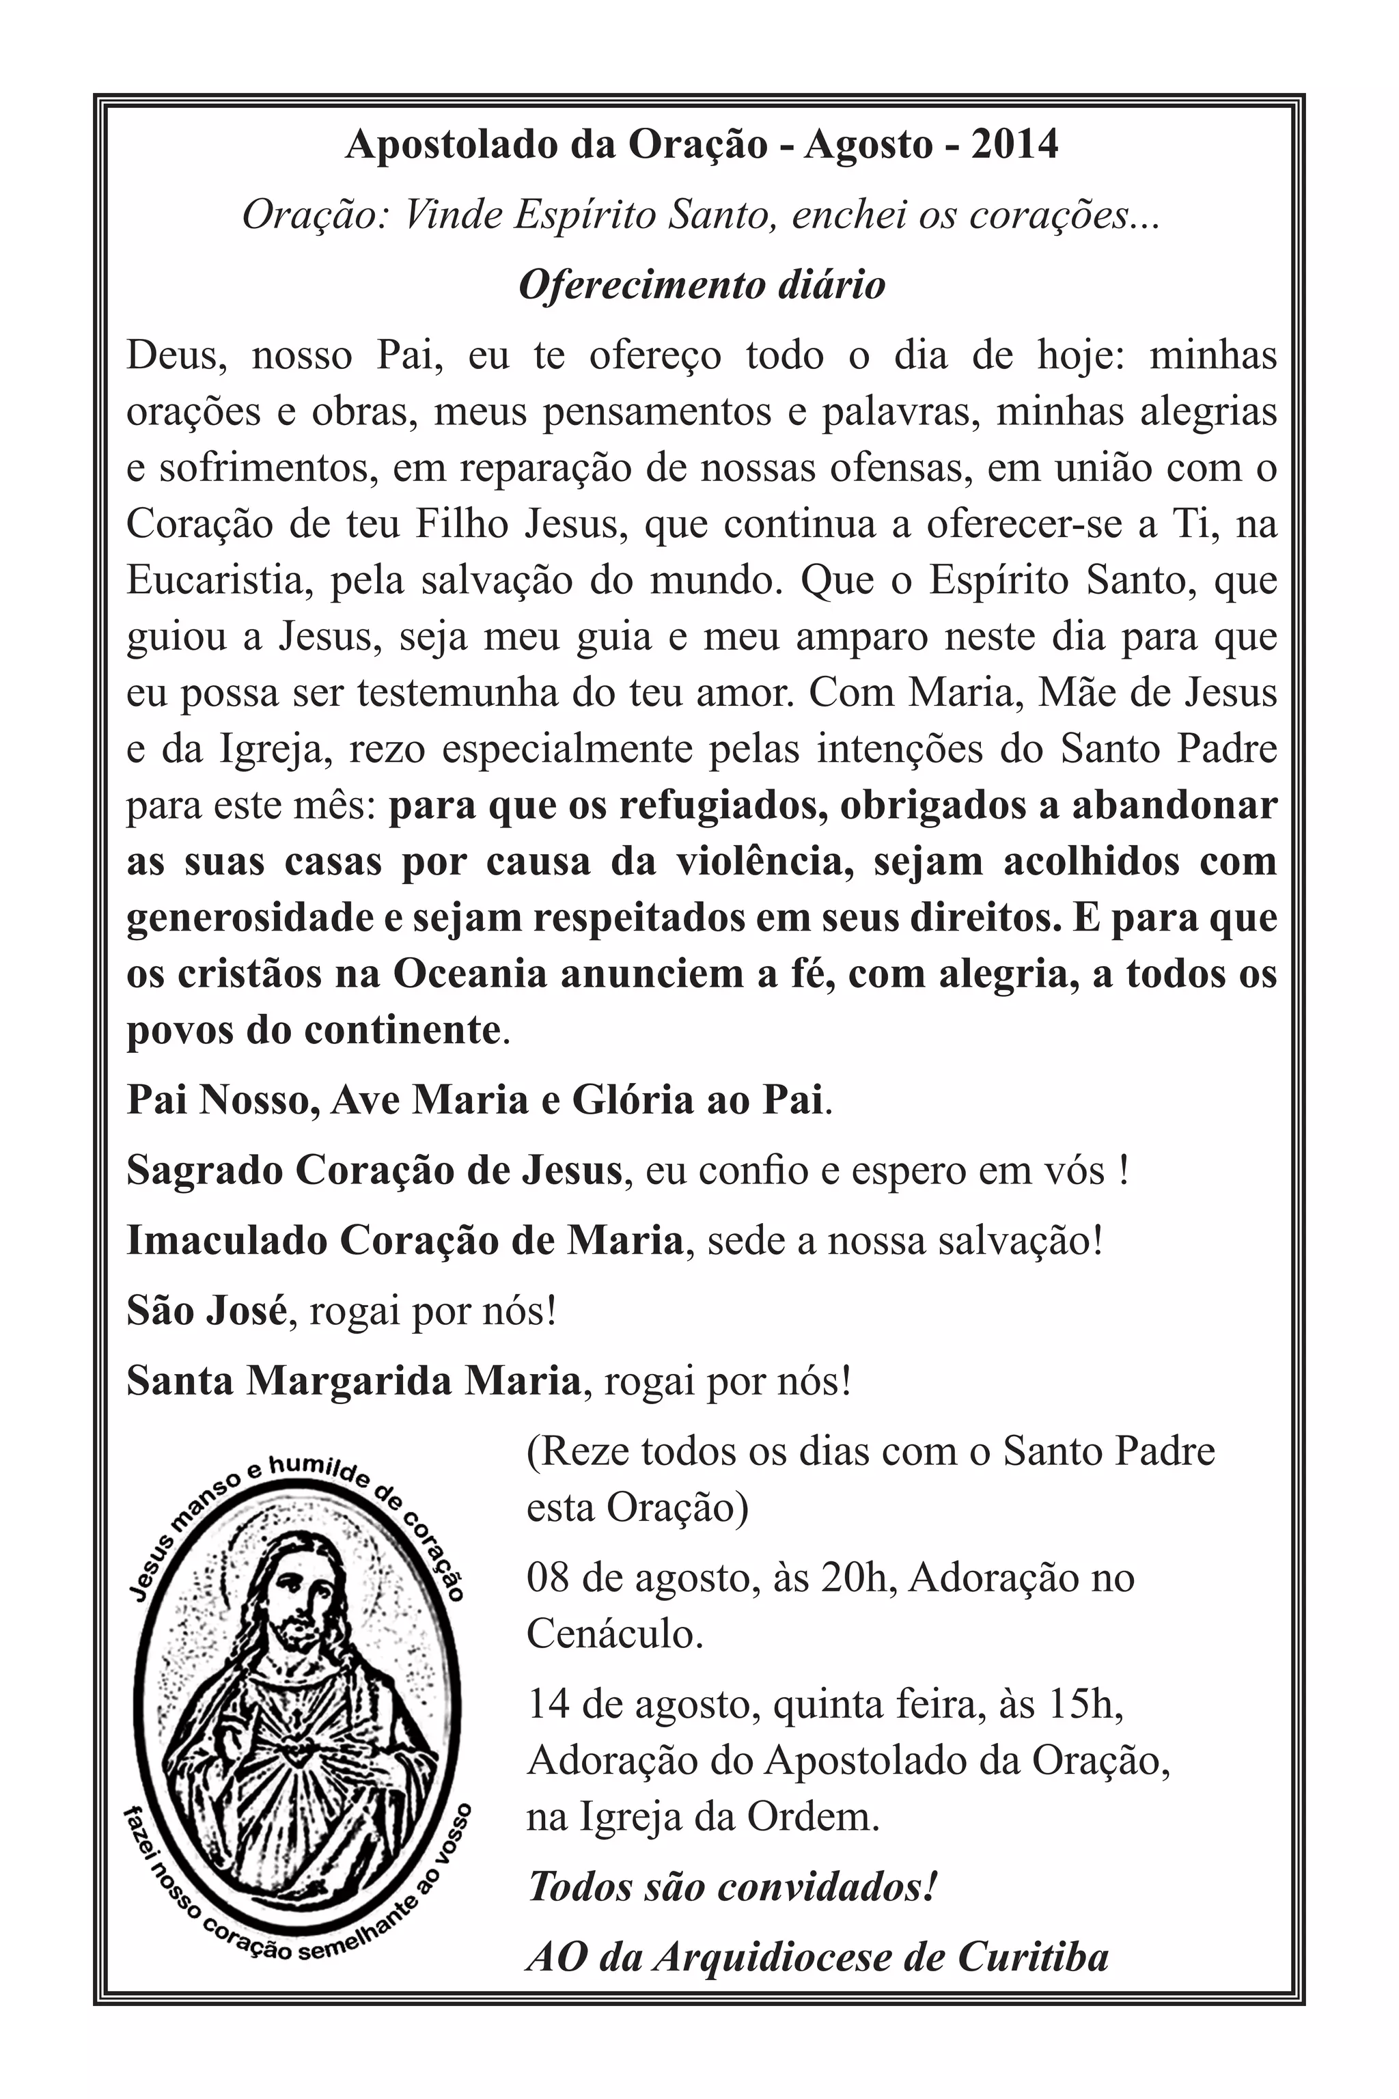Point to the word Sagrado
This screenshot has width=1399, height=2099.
(x=202, y=1171)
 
